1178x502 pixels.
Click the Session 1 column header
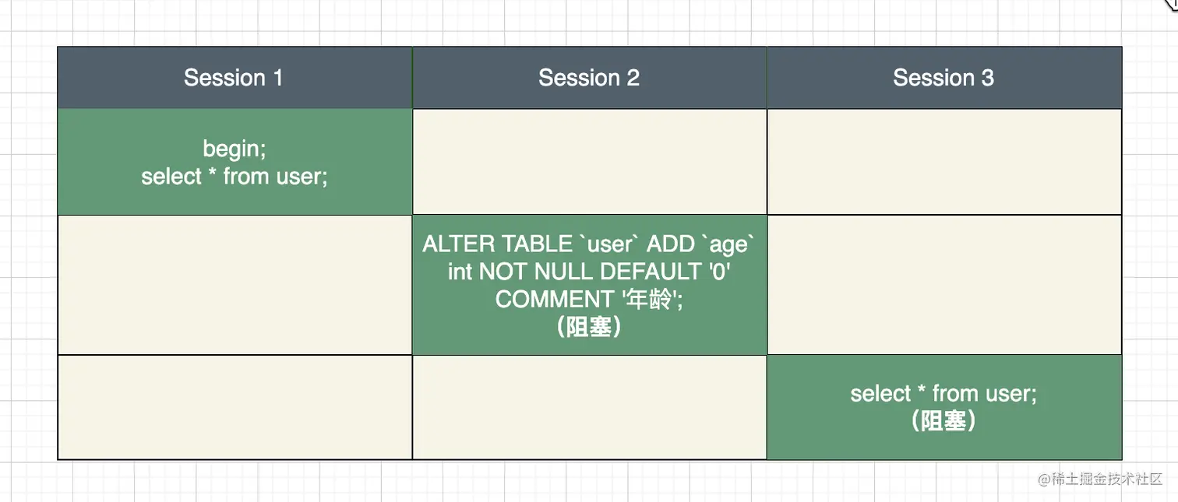coord(234,78)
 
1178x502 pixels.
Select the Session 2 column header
coord(589,78)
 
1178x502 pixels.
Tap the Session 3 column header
coord(943,78)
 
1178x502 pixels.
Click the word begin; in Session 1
coord(235,149)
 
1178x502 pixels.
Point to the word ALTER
coord(459,244)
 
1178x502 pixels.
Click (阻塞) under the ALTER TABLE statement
coord(589,327)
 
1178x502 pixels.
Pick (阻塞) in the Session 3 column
coord(943,421)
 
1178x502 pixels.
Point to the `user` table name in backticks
coord(608,244)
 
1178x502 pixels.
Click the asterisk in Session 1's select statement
coord(212,172)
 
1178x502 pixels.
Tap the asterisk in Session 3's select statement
coord(922,390)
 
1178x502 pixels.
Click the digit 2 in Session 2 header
coord(633,78)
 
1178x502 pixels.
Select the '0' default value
coord(719,272)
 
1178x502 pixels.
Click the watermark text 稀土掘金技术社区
coord(1106,479)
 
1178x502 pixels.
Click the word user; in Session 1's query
coord(302,177)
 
